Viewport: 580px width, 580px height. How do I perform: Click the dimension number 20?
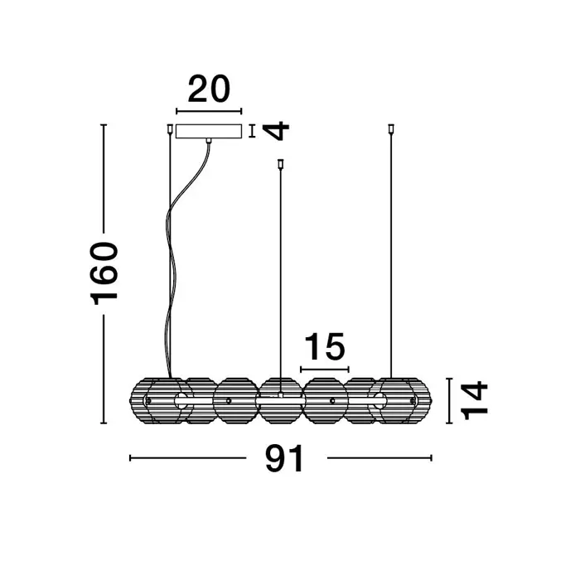(x=209, y=89)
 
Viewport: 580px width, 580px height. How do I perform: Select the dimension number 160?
(x=104, y=273)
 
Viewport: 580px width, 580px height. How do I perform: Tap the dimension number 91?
(x=285, y=458)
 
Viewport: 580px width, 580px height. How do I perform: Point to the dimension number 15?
(x=325, y=346)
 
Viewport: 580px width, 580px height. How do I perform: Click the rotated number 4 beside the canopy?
(x=276, y=131)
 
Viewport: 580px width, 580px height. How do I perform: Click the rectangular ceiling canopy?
(x=209, y=131)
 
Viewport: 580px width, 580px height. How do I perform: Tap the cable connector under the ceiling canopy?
(x=209, y=141)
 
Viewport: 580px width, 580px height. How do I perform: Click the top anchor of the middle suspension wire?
(x=280, y=163)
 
